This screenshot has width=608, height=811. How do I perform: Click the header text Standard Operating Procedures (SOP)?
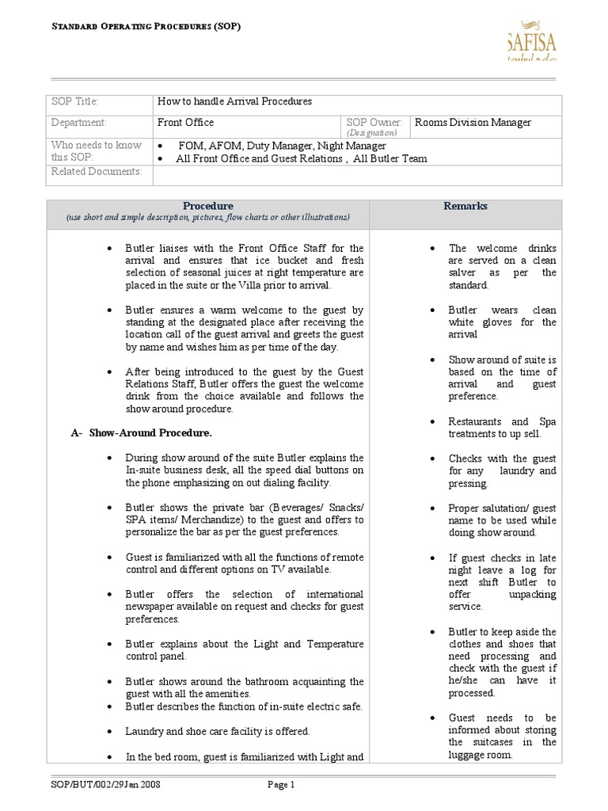(146, 26)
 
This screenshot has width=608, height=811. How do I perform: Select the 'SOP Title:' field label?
(74, 102)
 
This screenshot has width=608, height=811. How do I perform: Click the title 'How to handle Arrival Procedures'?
(235, 101)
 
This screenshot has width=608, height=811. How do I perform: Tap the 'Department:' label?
(78, 123)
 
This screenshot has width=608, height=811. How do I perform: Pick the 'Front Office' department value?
(185, 123)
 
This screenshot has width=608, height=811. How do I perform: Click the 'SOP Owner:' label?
(374, 123)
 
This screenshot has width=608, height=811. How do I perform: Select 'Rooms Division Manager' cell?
(473, 123)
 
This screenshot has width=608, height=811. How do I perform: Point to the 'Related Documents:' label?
(97, 172)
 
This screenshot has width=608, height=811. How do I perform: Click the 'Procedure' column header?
(208, 206)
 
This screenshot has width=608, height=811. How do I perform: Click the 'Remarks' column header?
(465, 206)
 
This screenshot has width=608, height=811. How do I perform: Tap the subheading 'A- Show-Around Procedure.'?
(141, 433)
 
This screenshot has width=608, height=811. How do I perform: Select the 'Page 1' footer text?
(281, 785)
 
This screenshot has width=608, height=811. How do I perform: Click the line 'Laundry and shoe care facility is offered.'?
(218, 731)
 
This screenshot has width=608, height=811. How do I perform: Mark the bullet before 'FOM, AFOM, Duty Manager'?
(161, 147)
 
